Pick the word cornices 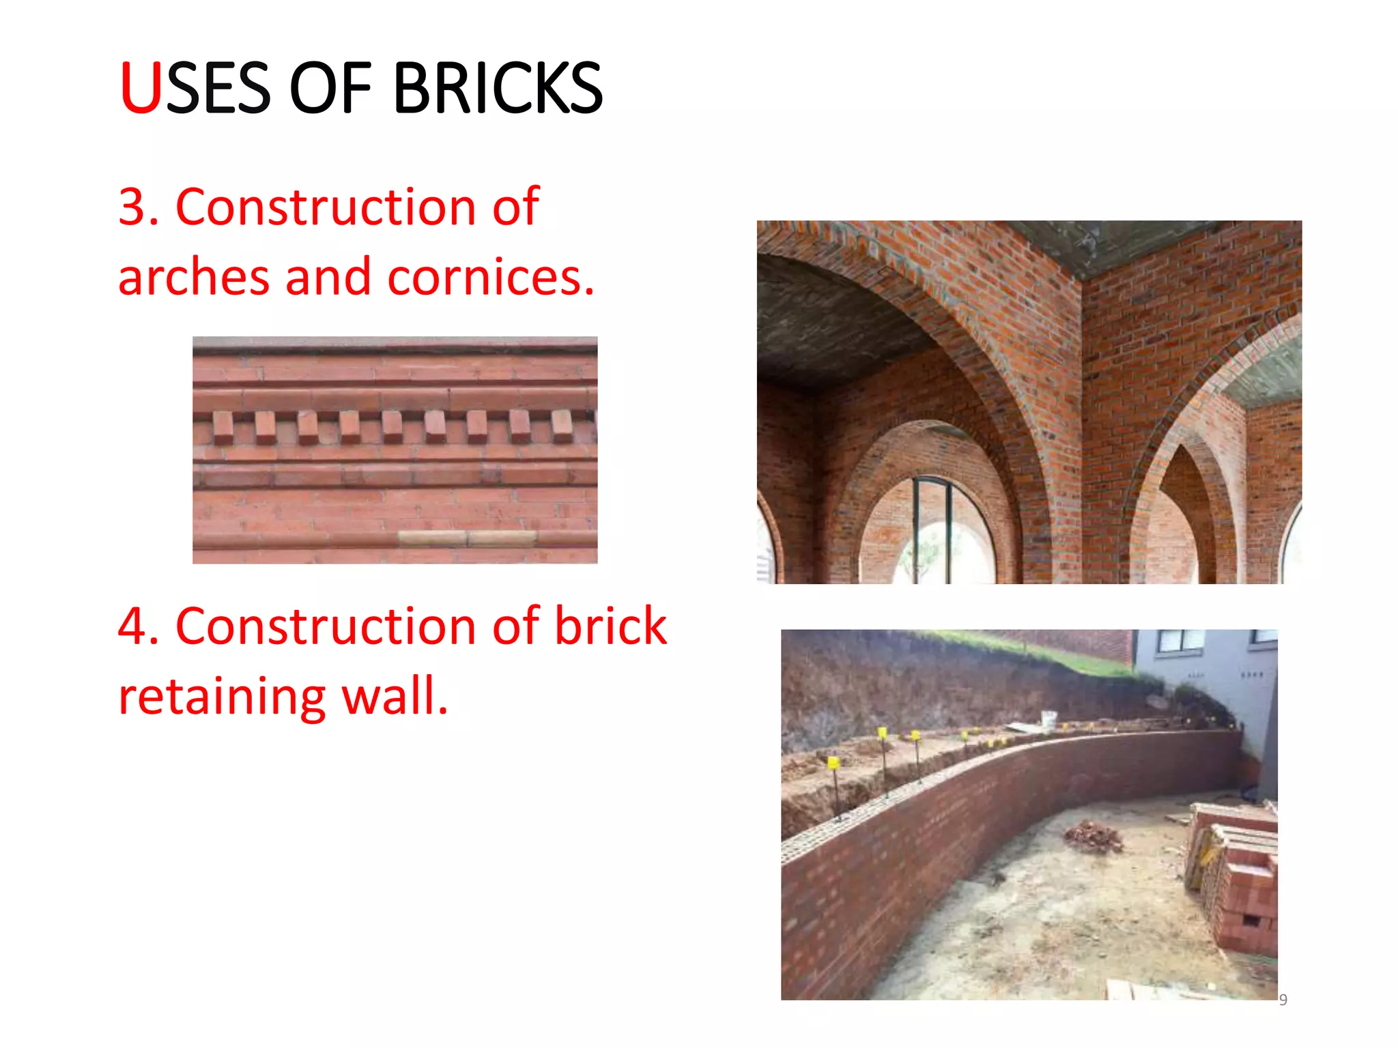[x=491, y=277]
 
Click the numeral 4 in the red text [x=132, y=626]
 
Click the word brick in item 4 [x=610, y=625]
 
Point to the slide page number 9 [x=1283, y=1000]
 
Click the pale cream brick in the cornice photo [x=467, y=538]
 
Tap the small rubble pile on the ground [x=1092, y=836]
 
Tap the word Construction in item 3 [x=326, y=207]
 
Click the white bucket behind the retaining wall [x=1048, y=718]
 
